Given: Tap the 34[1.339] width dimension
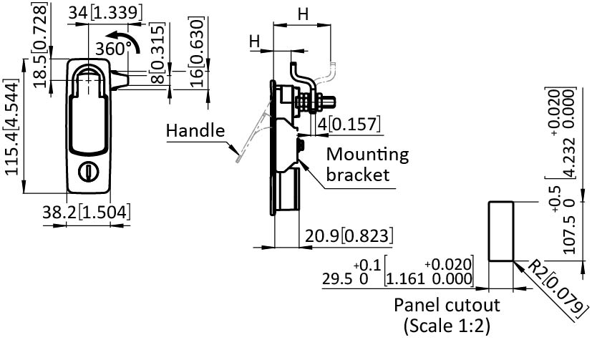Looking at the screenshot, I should click(106, 13).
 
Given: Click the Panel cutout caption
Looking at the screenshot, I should click(447, 305).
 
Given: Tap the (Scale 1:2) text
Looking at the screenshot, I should click(447, 326).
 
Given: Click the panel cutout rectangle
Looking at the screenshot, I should click(501, 230).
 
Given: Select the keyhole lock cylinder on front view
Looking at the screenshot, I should click(89, 172).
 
